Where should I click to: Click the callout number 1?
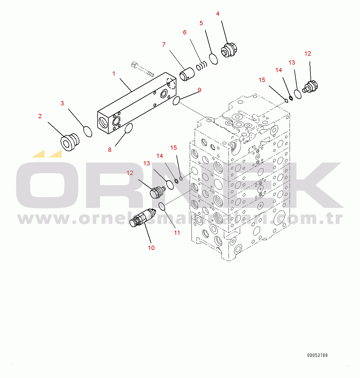coord(114,74)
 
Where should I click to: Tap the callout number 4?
coord(218,14)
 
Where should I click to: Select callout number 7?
coord(164,45)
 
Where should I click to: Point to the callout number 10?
coord(151,248)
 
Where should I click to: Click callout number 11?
coord(177,233)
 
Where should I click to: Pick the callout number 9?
coord(200,90)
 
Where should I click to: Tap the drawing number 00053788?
coord(317,355)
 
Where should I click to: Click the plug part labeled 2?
coord(70,142)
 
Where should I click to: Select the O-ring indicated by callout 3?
coord(88,131)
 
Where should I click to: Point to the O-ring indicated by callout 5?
coord(213,59)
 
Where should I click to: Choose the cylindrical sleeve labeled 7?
coord(187,74)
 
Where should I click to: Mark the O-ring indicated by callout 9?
coord(176,101)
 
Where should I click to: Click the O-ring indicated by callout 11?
coord(162,206)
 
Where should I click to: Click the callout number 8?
coord(110,150)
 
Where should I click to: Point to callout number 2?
coord(40,116)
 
